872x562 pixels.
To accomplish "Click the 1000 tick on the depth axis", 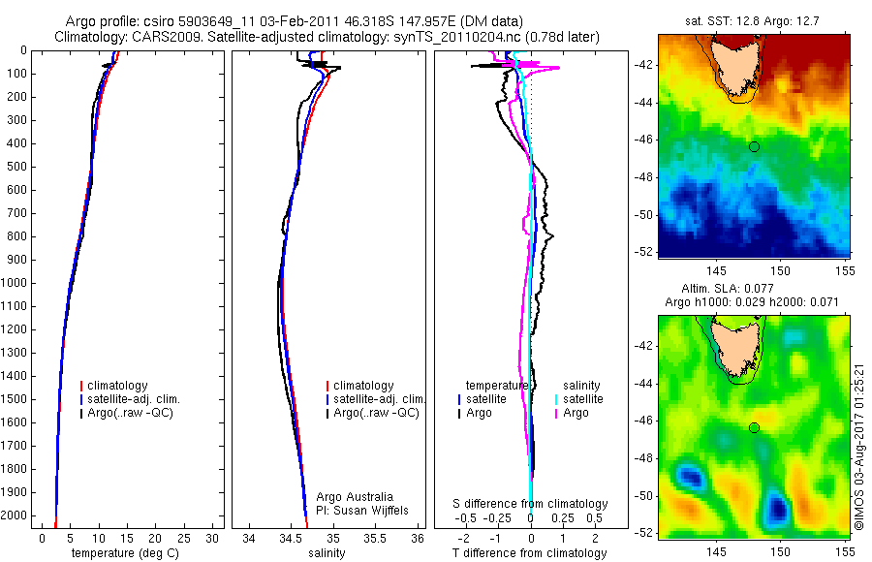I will point(15,284).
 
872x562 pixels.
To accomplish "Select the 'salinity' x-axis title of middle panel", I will point(327,553).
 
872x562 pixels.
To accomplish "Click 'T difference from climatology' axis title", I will point(530,553).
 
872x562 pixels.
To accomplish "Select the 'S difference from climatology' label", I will point(531,504).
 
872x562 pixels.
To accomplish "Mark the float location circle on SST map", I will point(754,146).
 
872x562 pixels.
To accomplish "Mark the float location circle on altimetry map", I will point(754,427).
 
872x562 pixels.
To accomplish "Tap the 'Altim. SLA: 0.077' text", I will point(755,290).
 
